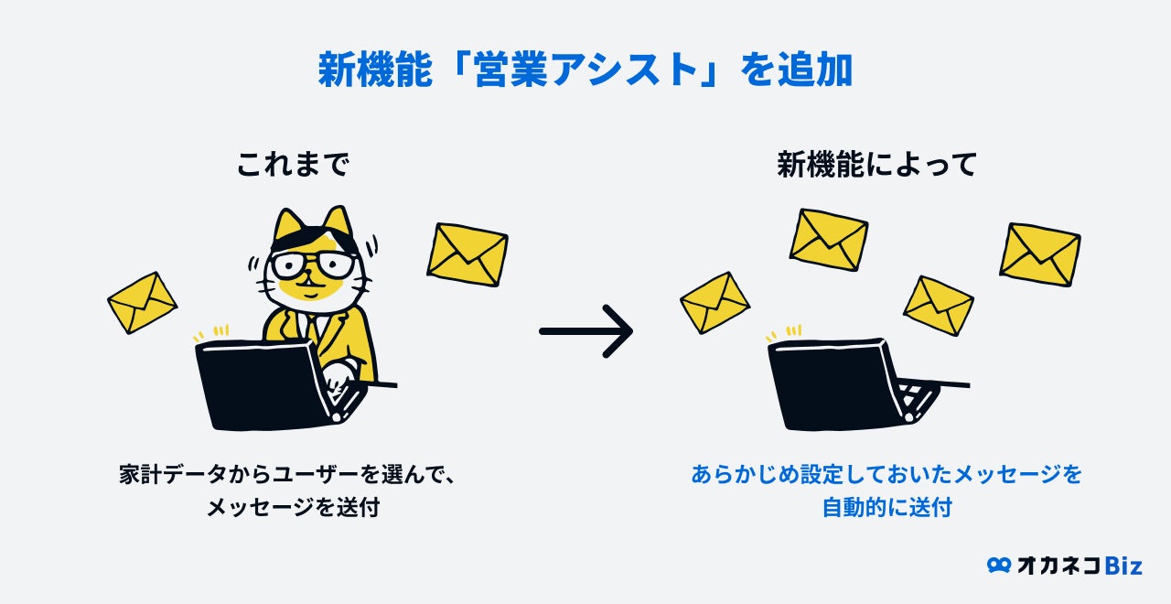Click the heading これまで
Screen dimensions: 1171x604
[x=293, y=165]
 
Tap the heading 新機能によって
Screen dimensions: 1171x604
[x=877, y=165]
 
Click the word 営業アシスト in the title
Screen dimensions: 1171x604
[x=585, y=70]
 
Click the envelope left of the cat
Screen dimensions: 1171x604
[x=142, y=302]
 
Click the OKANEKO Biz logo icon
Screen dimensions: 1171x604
[x=999, y=566]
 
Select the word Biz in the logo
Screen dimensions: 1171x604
[x=1123, y=566]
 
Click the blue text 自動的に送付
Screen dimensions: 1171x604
[x=886, y=508]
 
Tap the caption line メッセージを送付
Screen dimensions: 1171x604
[x=293, y=508]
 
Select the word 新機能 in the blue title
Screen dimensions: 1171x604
[x=366, y=70]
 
